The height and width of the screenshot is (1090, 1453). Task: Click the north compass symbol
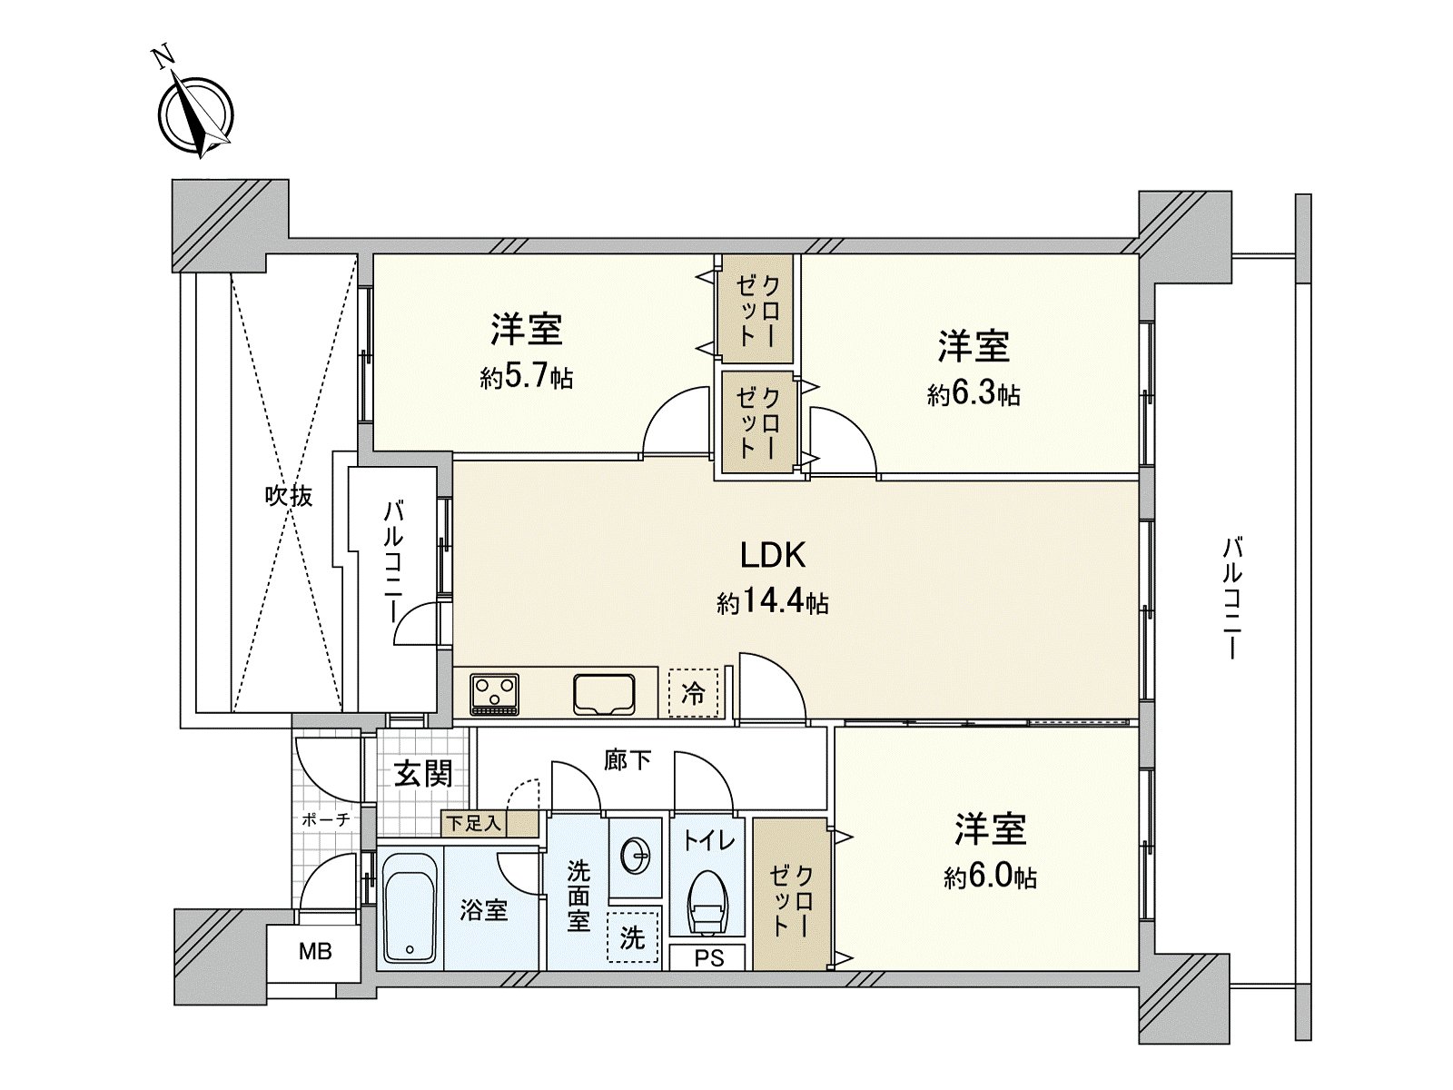(196, 116)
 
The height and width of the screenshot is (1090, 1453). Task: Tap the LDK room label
(773, 554)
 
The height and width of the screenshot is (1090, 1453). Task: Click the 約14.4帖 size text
(773, 601)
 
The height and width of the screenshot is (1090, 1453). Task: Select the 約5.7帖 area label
(527, 377)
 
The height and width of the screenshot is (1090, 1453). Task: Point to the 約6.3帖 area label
(974, 394)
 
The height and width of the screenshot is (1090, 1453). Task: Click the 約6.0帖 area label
(990, 877)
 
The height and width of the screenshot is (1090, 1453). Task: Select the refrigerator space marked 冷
(693, 695)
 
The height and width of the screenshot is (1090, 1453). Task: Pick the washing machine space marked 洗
(632, 937)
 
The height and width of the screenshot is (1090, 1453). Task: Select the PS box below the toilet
(708, 958)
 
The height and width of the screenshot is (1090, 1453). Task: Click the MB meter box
(315, 952)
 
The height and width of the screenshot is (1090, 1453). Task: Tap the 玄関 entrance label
(423, 774)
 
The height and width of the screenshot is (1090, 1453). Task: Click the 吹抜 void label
(289, 496)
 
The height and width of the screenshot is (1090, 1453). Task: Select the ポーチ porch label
(325, 819)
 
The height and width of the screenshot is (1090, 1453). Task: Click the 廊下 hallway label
(628, 759)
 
